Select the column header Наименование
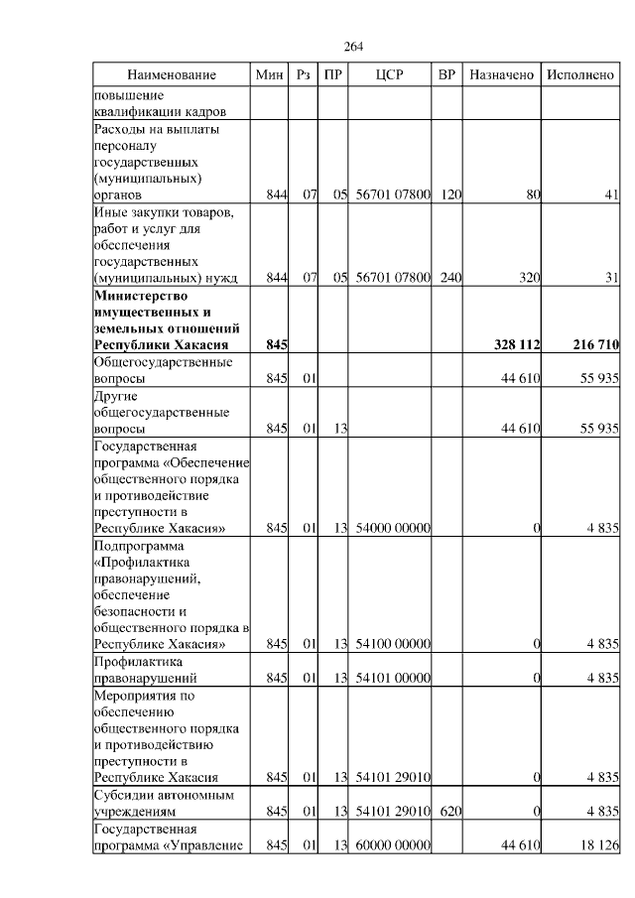pos(171,75)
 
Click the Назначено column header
pos(502,75)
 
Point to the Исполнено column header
pos(580,75)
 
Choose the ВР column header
pos(447,75)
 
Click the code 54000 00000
pos(393,528)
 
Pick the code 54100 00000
pos(393,644)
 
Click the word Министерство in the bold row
pos(140,296)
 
